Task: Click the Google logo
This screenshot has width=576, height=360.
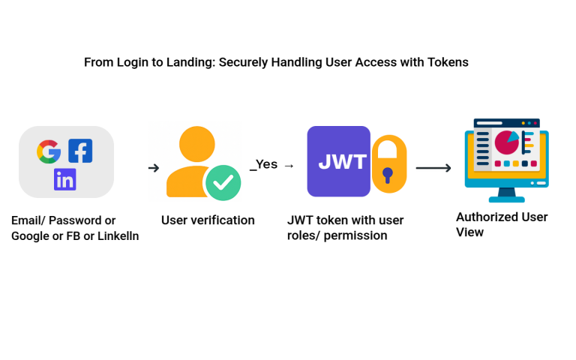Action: [49, 151]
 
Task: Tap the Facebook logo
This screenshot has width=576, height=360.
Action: [80, 151]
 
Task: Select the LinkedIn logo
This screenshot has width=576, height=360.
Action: [65, 179]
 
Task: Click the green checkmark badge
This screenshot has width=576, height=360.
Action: [223, 182]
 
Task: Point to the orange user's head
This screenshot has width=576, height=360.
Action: [197, 144]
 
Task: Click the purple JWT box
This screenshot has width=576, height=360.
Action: [339, 161]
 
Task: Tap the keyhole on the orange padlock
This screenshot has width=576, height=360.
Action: [388, 175]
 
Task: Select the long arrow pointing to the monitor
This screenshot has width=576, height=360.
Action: [433, 168]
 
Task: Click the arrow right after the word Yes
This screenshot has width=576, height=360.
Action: [289, 166]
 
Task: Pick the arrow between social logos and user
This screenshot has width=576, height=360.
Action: [154, 168]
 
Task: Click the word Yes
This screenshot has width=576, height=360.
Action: [267, 163]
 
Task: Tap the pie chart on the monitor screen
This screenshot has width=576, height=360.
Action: [506, 142]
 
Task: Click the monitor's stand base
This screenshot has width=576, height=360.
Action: [506, 199]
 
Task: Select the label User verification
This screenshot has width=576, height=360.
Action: [208, 220]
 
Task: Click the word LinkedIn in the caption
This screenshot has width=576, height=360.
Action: [118, 235]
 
